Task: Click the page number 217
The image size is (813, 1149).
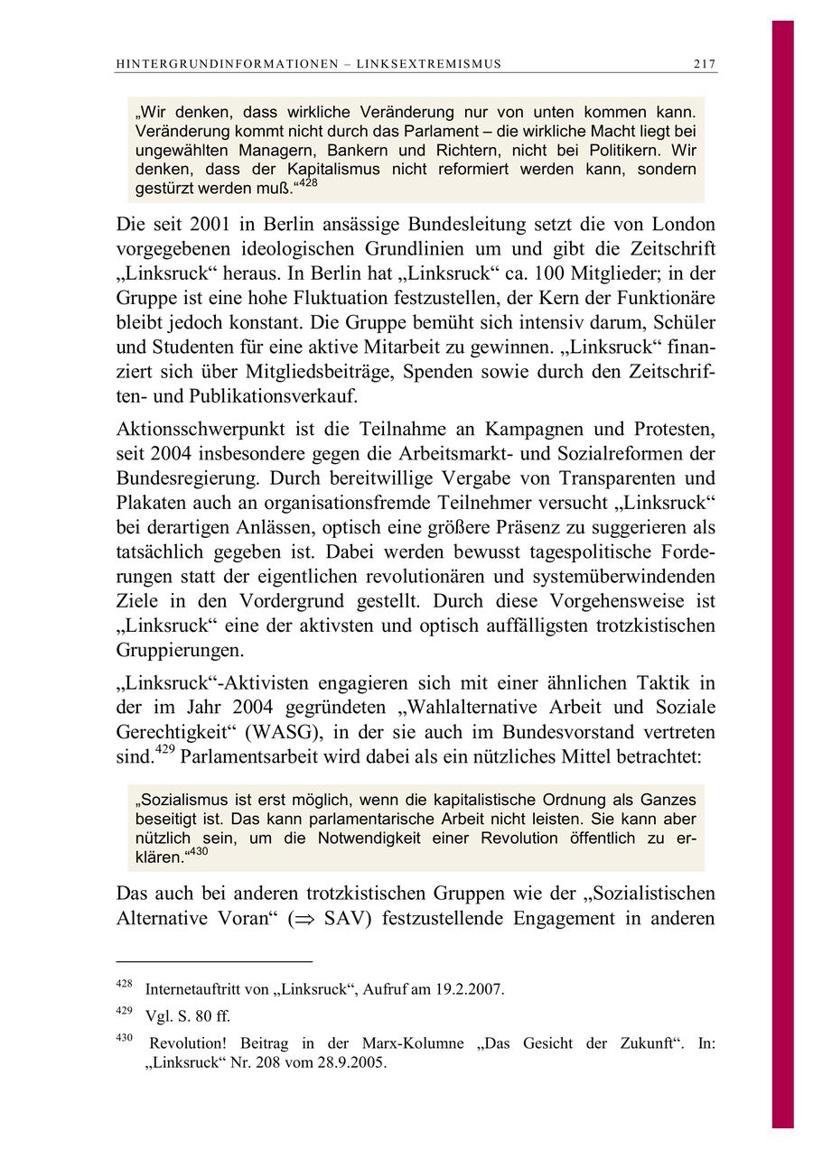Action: [705, 64]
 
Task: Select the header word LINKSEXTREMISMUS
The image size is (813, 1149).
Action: [429, 64]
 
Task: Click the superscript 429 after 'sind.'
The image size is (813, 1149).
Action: [165, 751]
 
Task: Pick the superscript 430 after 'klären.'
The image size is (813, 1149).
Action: [197, 851]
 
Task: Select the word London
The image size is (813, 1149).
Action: [682, 225]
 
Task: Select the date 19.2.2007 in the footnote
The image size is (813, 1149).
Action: [469, 989]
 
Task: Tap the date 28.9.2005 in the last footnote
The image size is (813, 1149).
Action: [349, 1062]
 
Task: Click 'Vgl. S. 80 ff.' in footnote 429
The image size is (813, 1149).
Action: [188, 1015]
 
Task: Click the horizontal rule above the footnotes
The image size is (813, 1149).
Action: [214, 961]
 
